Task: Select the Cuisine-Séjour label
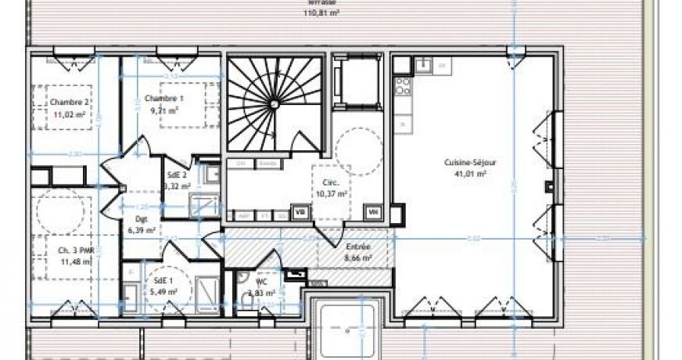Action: pyautogui.click(x=471, y=163)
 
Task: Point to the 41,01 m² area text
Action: pyautogui.click(x=471, y=174)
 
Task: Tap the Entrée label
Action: pyautogui.click(x=358, y=246)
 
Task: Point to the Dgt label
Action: pyautogui.click(x=142, y=219)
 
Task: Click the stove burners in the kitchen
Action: pyautogui.click(x=403, y=86)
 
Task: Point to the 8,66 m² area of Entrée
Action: pyautogui.click(x=358, y=256)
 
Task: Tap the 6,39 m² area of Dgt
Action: pyautogui.click(x=142, y=230)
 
